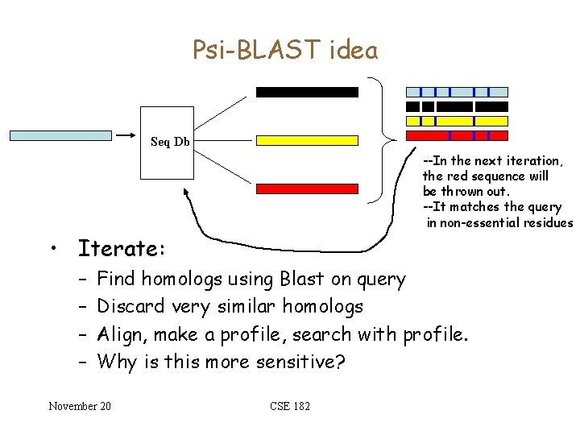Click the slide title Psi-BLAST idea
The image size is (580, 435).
point(285,51)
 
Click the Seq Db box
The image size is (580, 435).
point(170,142)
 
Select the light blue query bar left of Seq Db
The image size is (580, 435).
point(60,135)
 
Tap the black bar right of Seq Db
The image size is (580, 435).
point(306,92)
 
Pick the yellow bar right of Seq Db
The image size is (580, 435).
point(306,140)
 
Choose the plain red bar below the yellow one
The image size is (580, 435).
point(306,188)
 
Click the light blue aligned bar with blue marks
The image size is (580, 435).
point(457,92)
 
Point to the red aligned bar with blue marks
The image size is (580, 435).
point(457,135)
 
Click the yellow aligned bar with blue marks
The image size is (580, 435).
point(457,121)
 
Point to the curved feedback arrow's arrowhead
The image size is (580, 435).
point(187,193)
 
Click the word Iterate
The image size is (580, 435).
point(122,246)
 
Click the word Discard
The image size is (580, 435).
point(130,307)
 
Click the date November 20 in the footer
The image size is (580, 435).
point(80,405)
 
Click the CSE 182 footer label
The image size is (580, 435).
point(290,405)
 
